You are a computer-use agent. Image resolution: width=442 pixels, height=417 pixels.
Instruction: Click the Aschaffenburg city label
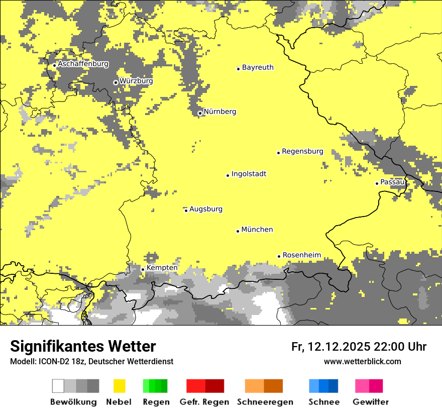83,64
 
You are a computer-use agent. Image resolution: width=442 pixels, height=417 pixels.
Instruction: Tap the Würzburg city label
136,81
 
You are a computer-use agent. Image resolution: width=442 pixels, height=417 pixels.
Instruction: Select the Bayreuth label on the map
258,67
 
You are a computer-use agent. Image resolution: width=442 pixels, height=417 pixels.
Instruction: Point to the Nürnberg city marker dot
200,113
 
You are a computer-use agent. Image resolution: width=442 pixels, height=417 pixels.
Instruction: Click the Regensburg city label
302,151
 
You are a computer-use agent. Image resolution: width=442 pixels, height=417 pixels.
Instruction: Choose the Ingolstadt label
249,174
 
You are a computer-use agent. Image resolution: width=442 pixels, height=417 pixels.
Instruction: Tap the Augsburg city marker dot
186,211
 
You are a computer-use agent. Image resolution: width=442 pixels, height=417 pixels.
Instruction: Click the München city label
257,230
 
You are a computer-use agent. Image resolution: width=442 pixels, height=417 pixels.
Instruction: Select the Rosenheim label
301,255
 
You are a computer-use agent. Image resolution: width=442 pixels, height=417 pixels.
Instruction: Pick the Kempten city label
162,268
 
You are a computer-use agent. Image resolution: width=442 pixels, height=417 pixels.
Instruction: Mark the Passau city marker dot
377,183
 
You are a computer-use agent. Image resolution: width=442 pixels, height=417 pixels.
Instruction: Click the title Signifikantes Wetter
83,346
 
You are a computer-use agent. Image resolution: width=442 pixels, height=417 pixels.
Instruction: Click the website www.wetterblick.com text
362,361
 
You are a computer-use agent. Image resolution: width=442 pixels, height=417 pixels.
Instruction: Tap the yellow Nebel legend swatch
120,386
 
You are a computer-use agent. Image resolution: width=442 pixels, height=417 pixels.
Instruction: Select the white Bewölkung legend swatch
58,386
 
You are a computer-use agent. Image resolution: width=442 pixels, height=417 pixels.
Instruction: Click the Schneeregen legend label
265,402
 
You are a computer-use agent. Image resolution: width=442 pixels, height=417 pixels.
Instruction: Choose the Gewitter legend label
370,402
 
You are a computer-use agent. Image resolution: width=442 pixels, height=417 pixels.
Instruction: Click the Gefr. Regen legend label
204,402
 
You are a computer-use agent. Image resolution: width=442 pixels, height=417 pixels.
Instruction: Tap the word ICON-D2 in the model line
51,361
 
